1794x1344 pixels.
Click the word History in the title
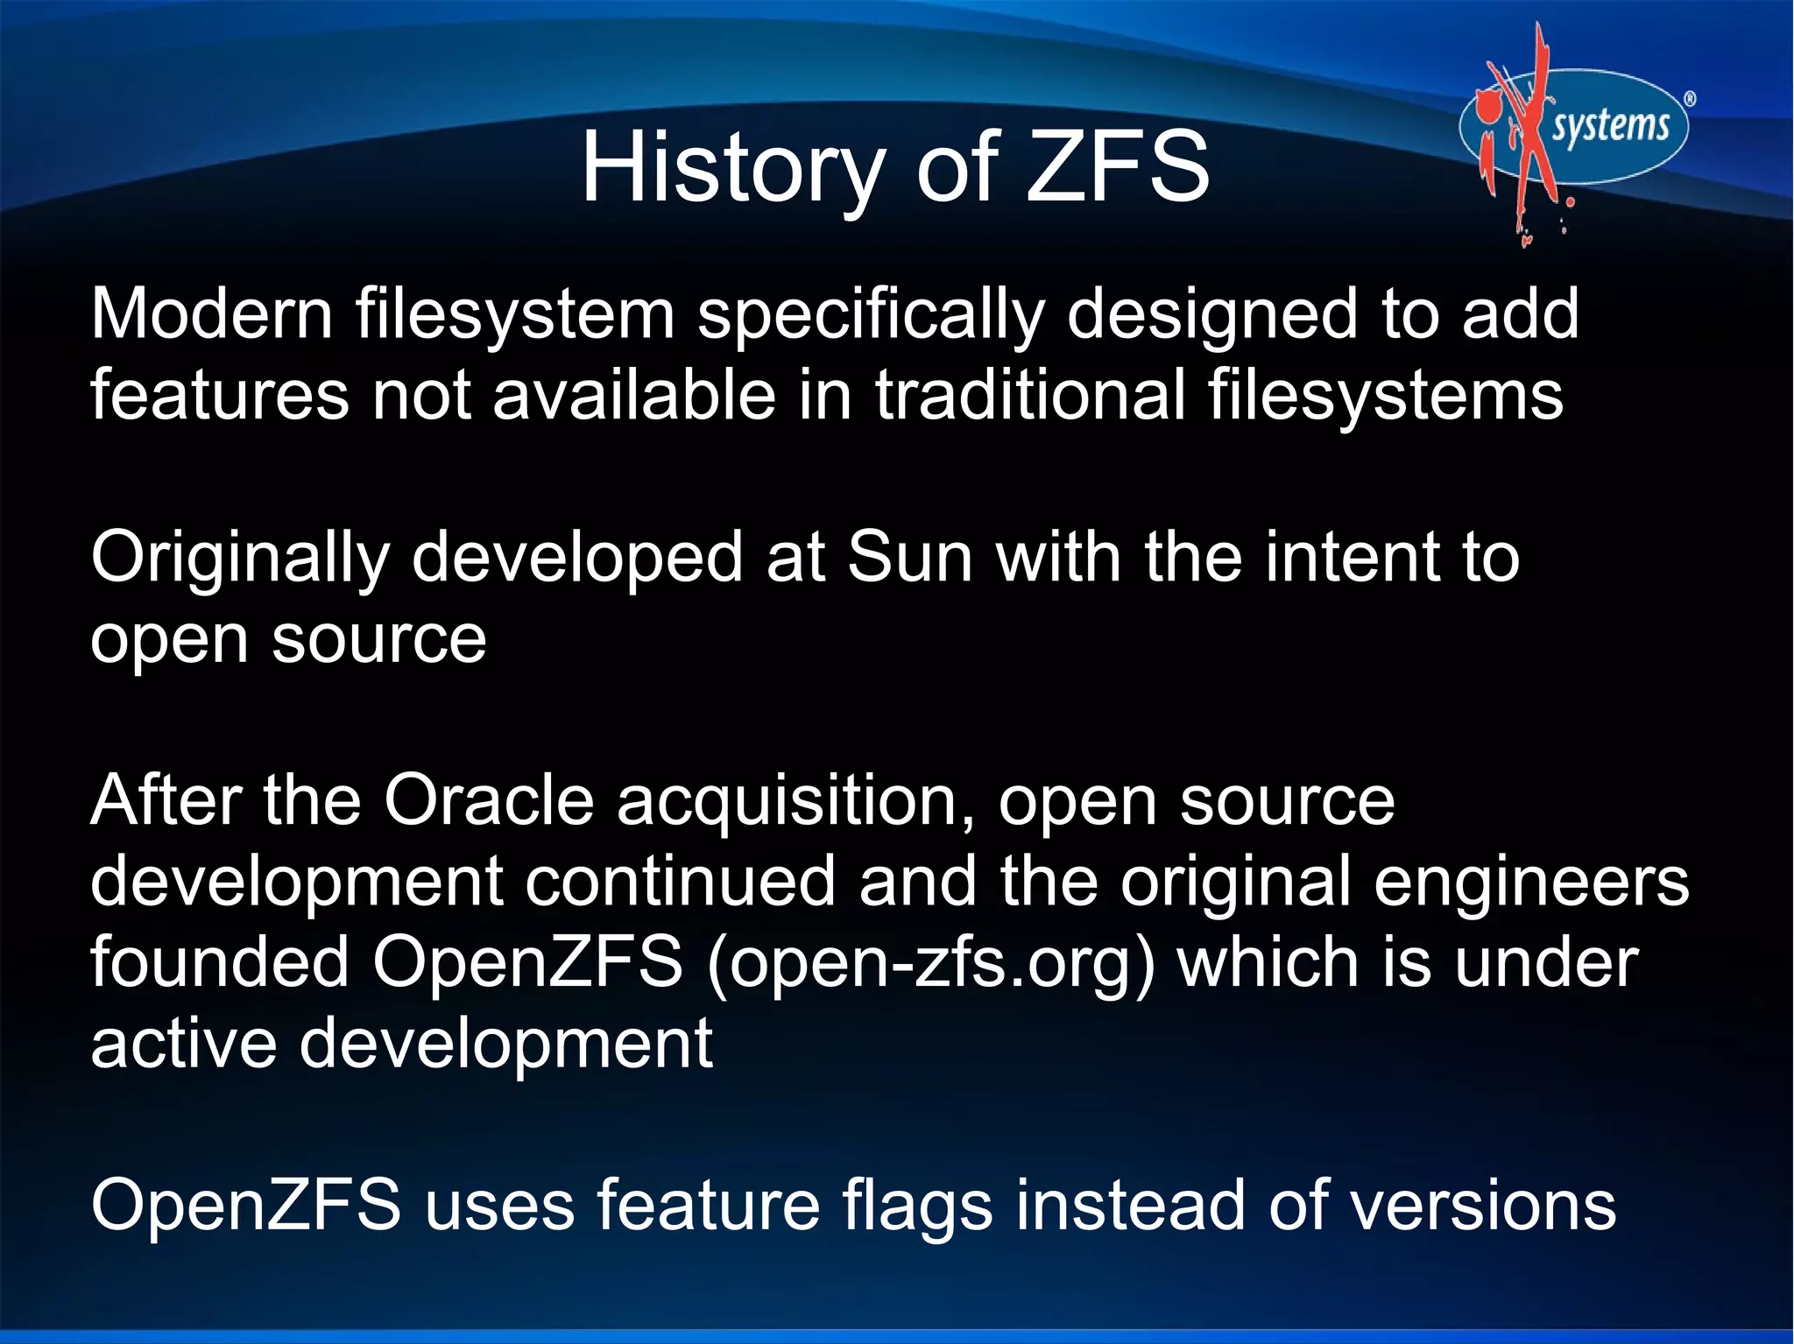(732, 166)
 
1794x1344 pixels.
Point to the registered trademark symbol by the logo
(1690, 99)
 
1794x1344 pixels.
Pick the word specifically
(871, 315)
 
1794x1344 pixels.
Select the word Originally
(240, 559)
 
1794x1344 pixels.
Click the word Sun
(910, 558)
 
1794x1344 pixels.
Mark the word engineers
(1531, 883)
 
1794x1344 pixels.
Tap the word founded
(220, 962)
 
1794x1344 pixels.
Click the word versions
(1482, 1205)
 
